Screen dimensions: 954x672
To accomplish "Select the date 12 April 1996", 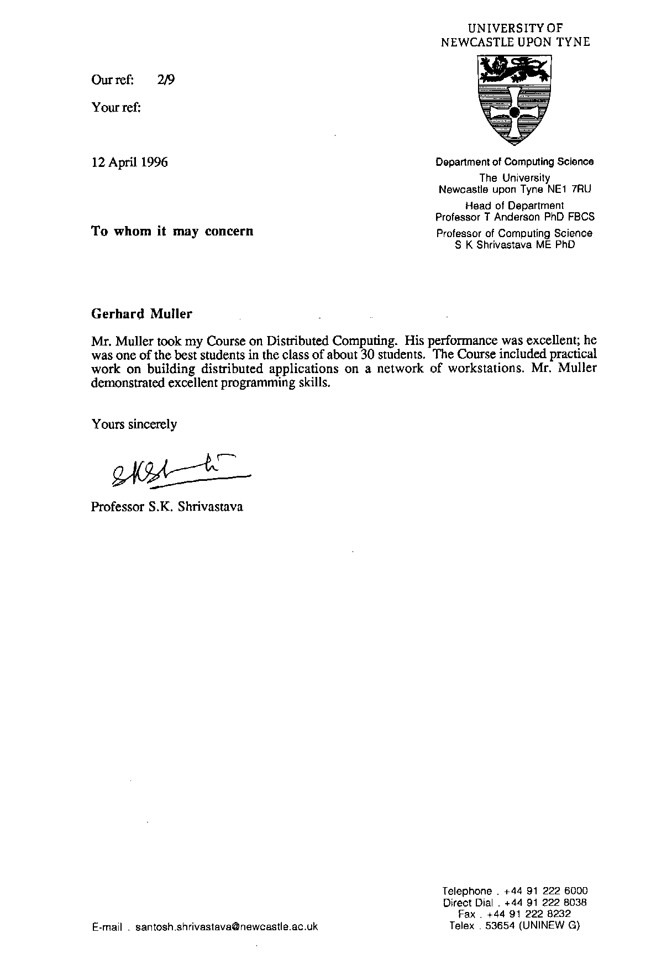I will pyautogui.click(x=129, y=163).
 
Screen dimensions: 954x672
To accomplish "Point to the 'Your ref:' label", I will pyautogui.click(x=116, y=108).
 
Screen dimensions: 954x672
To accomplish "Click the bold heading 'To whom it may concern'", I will pyautogui.click(x=172, y=231).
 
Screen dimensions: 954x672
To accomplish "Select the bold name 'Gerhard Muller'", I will pyautogui.click(x=141, y=314).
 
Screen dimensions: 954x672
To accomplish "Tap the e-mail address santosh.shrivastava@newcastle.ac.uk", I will pyautogui.click(x=227, y=927).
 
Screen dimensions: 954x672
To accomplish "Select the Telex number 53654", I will pyautogui.click(x=499, y=926).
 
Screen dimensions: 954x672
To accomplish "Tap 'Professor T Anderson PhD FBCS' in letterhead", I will pyautogui.click(x=514, y=217).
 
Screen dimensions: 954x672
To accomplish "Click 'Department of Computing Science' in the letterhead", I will pyautogui.click(x=514, y=162).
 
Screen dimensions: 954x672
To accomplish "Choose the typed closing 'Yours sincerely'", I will pyautogui.click(x=134, y=424).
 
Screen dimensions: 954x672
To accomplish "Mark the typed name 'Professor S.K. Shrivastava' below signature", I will pyautogui.click(x=167, y=507).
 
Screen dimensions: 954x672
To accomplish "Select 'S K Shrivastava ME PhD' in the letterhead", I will pyautogui.click(x=514, y=244).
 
